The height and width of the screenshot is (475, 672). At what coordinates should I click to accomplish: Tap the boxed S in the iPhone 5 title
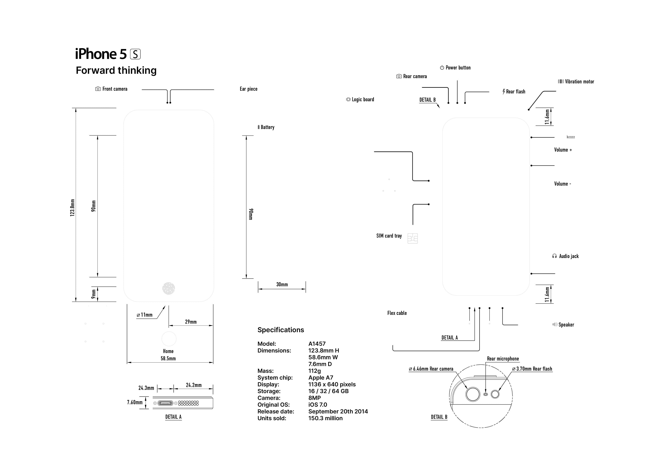coord(135,54)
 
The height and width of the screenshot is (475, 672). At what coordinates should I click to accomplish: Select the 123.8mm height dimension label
coord(72,208)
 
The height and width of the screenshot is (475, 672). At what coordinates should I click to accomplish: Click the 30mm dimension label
coord(282,284)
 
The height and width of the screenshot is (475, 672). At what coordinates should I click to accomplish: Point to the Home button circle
coord(169,339)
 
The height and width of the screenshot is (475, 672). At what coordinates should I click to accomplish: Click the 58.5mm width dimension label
coord(168,359)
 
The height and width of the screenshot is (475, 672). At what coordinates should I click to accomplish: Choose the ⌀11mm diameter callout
coord(144,315)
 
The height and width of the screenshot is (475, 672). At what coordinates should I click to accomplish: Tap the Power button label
coord(458,68)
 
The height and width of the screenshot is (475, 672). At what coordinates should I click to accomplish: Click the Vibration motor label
coord(579,82)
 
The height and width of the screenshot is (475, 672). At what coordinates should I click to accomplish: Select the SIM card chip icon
coord(413,238)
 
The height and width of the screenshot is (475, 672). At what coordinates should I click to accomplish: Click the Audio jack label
coord(569,256)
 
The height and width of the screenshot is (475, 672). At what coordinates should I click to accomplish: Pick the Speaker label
coord(566,325)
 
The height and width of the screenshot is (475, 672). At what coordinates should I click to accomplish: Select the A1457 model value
coord(317,344)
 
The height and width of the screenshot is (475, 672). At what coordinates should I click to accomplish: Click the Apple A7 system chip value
coord(321,378)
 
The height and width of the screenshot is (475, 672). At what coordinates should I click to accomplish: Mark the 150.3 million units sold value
coord(325,419)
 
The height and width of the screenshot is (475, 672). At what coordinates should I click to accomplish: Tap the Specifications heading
coord(281,330)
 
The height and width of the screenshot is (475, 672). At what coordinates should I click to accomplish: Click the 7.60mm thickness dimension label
coord(135,402)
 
